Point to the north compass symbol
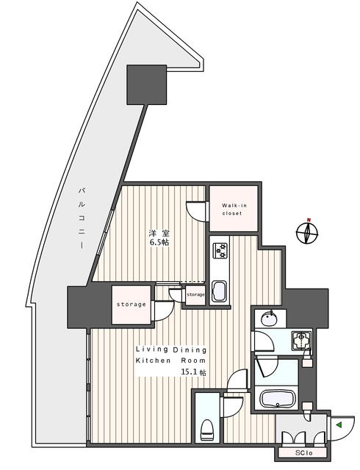[x=307, y=233]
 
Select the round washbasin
[x=268, y=318]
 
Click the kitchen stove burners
[x=220, y=252]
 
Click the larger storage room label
[x=130, y=304]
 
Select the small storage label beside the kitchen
[x=195, y=294]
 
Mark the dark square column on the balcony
[x=148, y=84]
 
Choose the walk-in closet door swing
[x=197, y=211]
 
